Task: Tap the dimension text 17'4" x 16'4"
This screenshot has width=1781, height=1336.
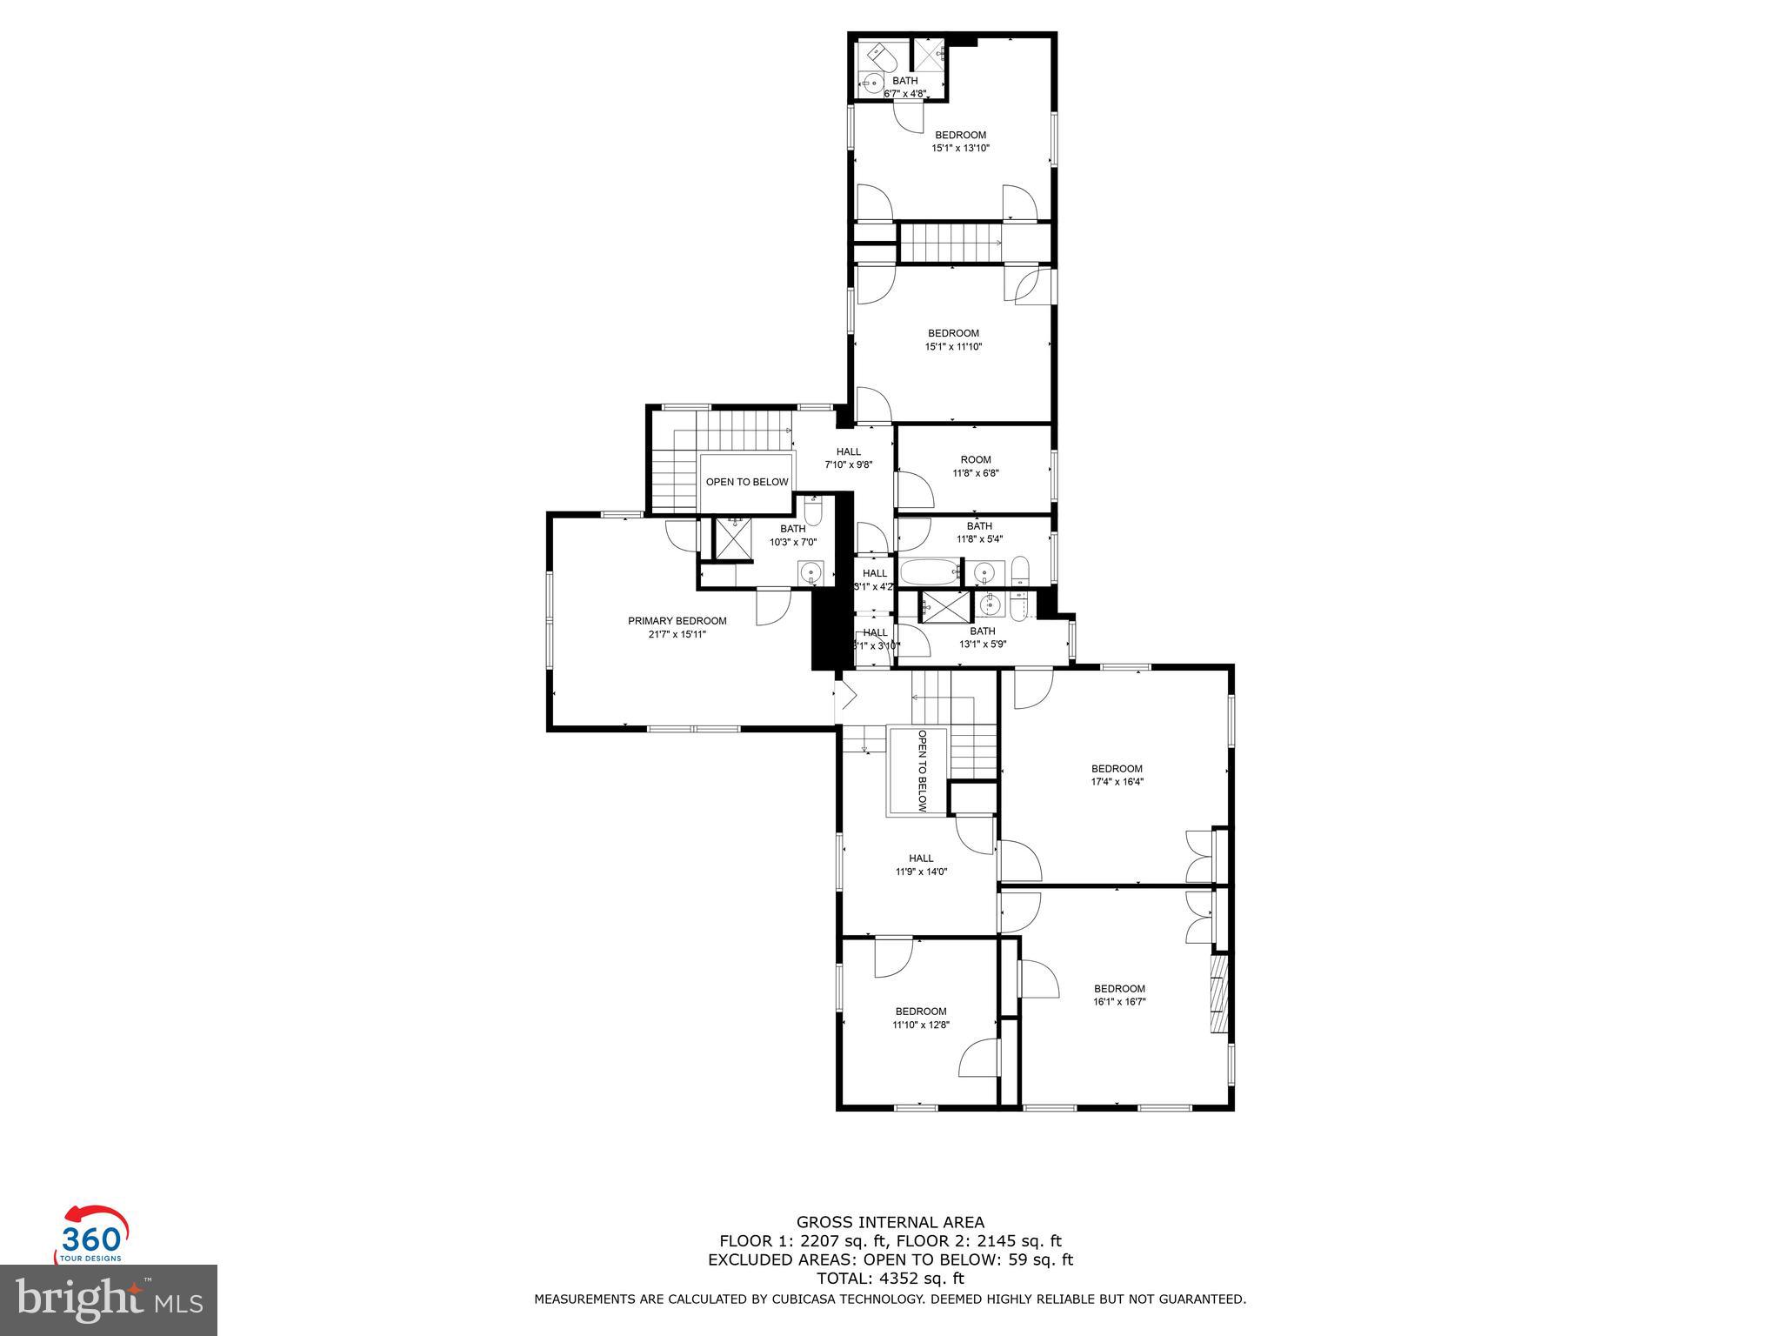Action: coord(1117,781)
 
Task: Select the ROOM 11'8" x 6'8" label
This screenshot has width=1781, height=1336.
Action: coord(975,466)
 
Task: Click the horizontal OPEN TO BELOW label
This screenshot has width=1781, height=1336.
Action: coord(746,482)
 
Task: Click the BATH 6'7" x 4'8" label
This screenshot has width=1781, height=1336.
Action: coord(904,86)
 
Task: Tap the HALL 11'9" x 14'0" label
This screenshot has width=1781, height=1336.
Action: coord(920,864)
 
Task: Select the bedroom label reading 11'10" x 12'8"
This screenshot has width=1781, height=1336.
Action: coord(920,1025)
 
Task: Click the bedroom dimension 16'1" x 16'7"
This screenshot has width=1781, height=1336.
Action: coord(1119,1001)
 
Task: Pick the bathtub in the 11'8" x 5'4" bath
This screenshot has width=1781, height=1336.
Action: coord(928,573)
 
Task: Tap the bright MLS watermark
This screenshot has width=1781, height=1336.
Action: coord(109,1299)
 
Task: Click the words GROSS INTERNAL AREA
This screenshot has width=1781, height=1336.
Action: coord(890,1222)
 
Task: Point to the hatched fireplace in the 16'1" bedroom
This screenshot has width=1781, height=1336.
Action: coord(1220,993)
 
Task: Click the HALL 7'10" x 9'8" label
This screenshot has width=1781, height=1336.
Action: coord(848,458)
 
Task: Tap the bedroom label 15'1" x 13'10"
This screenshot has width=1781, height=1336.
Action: coord(960,148)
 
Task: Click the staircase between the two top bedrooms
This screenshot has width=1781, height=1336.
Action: coord(950,242)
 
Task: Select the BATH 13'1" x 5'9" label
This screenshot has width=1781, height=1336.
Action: coord(982,638)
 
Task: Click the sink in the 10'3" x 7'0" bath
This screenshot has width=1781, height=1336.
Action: coord(810,572)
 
